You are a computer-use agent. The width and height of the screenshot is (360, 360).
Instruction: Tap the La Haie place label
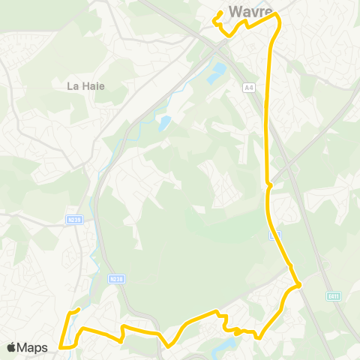click(x=86, y=86)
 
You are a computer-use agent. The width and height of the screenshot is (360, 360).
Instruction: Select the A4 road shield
click(x=248, y=88)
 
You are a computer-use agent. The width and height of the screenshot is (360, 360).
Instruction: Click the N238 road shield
click(x=115, y=278)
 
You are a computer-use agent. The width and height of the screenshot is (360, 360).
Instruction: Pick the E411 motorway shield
click(x=332, y=296)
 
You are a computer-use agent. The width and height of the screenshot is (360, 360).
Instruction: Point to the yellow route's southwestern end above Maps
click(x=78, y=310)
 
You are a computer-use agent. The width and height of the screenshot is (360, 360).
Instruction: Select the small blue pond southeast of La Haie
click(x=164, y=121)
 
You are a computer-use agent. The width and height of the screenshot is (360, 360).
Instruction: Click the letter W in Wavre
click(x=235, y=11)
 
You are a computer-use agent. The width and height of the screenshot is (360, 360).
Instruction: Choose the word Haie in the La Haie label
click(x=93, y=86)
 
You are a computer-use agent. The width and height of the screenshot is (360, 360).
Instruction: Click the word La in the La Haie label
click(x=73, y=86)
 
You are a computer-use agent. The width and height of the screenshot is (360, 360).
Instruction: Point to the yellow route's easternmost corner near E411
click(x=298, y=284)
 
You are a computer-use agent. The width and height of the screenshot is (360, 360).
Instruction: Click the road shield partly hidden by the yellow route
click(x=274, y=235)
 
